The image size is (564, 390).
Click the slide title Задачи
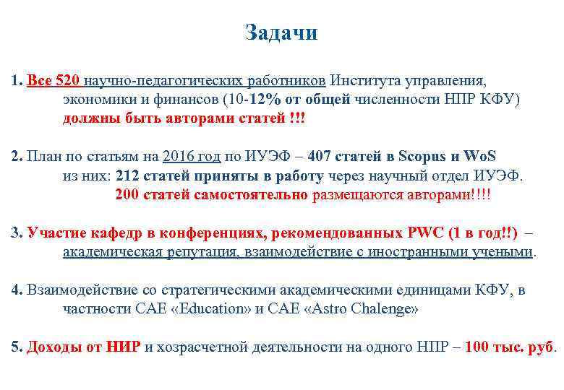pos(281,33)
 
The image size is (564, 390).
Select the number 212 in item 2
pos(127,175)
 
